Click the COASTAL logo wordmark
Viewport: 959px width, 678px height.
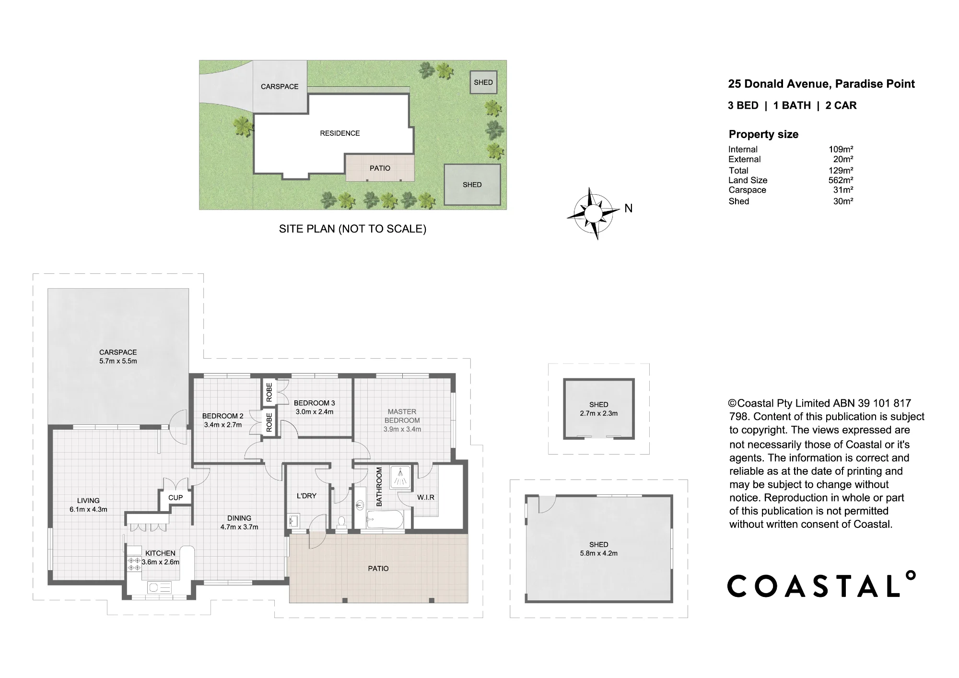[x=821, y=584]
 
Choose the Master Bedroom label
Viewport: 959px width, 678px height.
[x=402, y=416]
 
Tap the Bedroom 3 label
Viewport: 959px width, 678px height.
[x=314, y=403]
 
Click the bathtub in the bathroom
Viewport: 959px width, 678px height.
[x=385, y=520]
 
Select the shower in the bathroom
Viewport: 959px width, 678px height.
[x=399, y=477]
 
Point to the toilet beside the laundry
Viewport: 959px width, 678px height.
[x=341, y=522]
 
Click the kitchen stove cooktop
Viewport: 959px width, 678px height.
[x=134, y=564]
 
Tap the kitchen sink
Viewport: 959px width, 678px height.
[x=159, y=587]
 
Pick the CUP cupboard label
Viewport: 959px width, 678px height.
[x=175, y=497]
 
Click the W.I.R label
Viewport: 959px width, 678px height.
[x=426, y=497]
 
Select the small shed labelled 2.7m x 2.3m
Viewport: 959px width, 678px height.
[x=599, y=409]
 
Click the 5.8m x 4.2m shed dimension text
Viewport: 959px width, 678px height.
[x=599, y=553]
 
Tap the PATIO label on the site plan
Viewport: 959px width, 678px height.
[x=380, y=168]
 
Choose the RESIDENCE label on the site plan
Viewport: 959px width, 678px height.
[x=340, y=133]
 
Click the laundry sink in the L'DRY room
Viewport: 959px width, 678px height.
[x=294, y=520]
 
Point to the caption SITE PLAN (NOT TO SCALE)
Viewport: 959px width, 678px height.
[x=352, y=229]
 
